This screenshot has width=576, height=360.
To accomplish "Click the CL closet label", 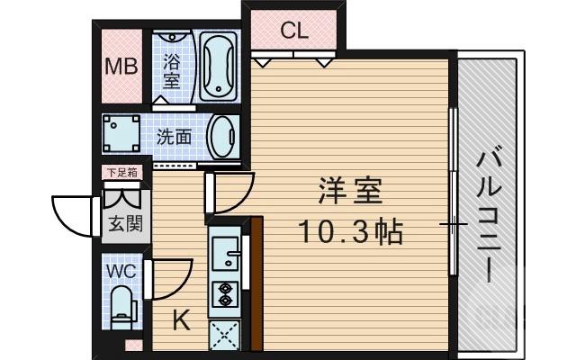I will pos(294,31).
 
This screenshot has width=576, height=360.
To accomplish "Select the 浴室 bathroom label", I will pos(173,69).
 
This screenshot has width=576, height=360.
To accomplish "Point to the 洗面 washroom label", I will pos(175,137).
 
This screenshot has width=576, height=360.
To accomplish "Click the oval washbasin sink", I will pos(220,137).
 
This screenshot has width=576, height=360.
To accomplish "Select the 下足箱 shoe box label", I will pos(121,172).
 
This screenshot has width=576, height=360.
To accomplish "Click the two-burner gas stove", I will pos(222,294).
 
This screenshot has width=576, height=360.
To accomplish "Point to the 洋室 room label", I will pos(350,192).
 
